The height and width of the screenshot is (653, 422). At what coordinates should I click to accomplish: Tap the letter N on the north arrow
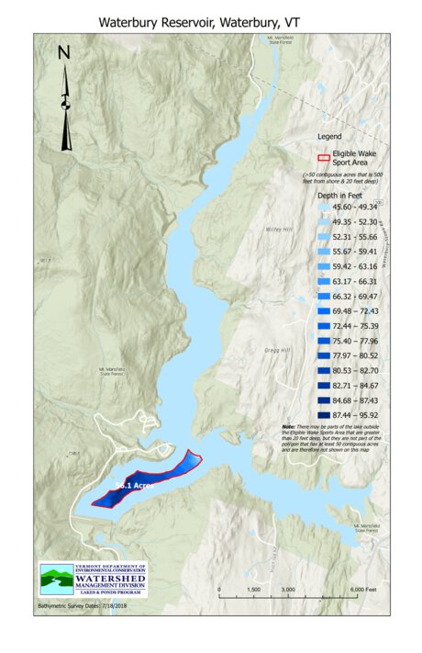[x=63, y=53]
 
